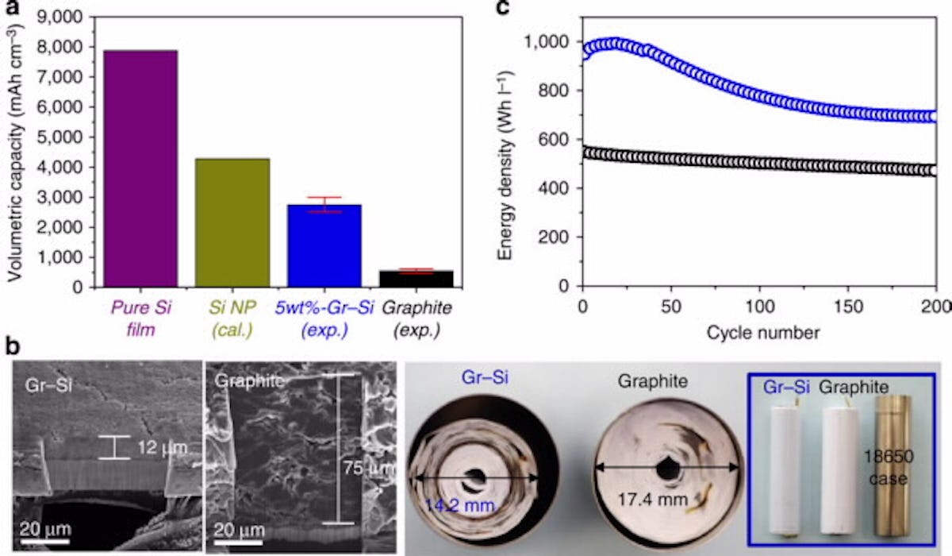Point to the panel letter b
(12, 347)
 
